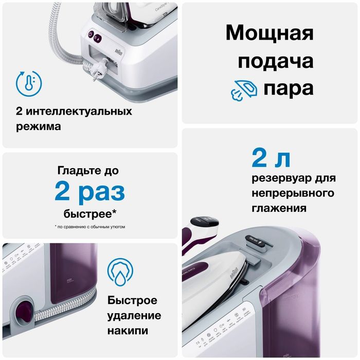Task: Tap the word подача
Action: tap(269, 61)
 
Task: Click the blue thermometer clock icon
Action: tap(29, 83)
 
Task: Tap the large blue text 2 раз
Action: tap(89, 191)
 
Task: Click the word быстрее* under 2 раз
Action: tap(89, 213)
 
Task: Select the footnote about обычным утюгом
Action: tap(89, 226)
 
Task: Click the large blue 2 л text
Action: tap(271, 158)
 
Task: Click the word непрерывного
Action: tap(293, 194)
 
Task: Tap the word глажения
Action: tap(280, 209)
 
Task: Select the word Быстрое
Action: tap(133, 300)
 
